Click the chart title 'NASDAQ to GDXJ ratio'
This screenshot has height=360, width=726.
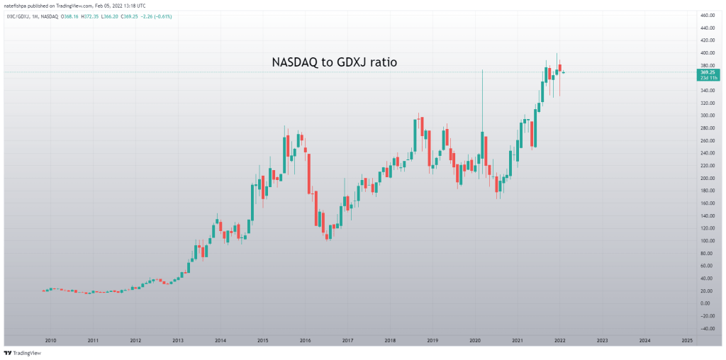click(x=334, y=62)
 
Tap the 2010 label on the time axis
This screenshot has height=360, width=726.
click(x=50, y=341)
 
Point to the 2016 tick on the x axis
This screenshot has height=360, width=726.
click(x=305, y=341)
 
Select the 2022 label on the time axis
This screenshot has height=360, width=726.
click(x=559, y=341)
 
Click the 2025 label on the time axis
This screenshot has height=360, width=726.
click(x=687, y=341)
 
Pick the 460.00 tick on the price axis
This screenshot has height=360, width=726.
click(x=706, y=15)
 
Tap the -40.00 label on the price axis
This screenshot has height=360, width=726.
click(x=706, y=328)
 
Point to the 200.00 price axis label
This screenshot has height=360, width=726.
click(x=706, y=178)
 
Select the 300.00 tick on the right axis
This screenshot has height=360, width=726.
click(x=706, y=115)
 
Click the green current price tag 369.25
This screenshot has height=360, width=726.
click(x=707, y=72)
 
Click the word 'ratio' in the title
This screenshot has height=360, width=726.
click(x=382, y=62)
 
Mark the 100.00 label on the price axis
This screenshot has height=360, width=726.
click(x=706, y=240)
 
